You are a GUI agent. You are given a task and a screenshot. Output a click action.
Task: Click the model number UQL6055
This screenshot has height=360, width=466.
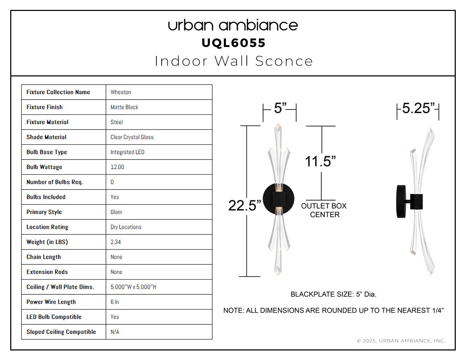tap(233, 43)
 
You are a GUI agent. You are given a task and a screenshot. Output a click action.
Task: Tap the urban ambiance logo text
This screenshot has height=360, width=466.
tap(233, 25)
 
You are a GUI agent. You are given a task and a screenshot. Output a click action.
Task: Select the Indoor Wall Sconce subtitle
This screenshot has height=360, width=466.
tap(234, 61)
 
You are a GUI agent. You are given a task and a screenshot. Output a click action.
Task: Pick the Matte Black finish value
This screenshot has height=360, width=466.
tap(124, 107)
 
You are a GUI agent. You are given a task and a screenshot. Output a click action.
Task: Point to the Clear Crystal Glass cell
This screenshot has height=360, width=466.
tap(132, 137)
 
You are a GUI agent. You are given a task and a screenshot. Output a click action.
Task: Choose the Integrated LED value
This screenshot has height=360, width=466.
tap(127, 152)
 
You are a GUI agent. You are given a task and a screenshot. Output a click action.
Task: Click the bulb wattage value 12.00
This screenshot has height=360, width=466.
tap(117, 167)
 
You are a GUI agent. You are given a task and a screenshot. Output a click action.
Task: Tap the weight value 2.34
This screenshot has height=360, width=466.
tap(115, 242)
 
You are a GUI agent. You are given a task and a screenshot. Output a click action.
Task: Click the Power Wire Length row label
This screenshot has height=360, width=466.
tap(51, 302)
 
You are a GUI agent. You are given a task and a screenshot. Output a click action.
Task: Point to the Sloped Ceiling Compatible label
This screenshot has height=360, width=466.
tap(61, 332)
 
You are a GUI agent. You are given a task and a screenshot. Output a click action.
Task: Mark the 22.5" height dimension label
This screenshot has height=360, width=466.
tap(244, 205)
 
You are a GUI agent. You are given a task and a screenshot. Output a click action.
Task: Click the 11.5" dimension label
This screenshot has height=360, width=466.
tap(320, 161)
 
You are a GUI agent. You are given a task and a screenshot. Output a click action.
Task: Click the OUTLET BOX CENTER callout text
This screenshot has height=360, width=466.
tap(324, 210)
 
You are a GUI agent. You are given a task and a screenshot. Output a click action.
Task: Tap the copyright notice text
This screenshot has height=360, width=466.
tap(401, 341)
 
